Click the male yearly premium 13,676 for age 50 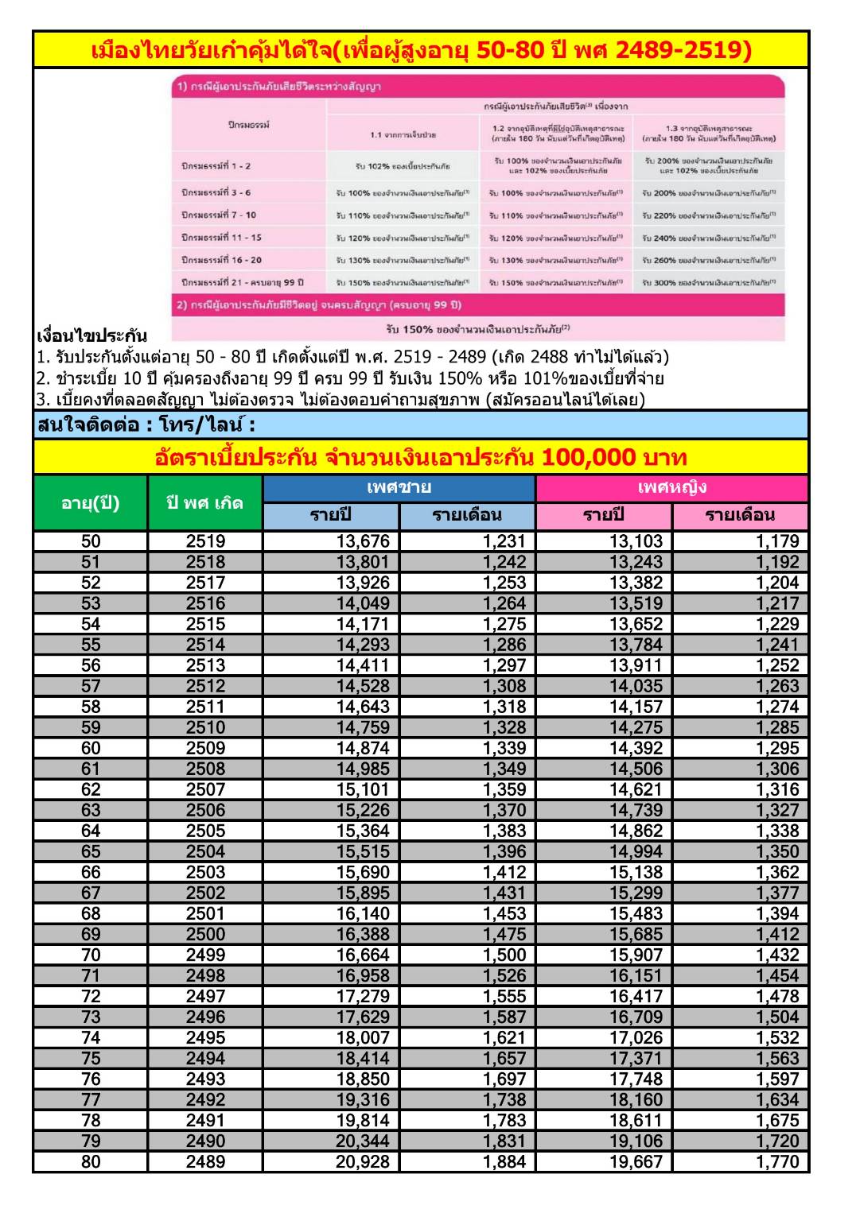363,542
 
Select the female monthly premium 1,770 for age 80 777,1162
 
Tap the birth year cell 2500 205,935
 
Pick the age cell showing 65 91,852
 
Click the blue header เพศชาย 399,487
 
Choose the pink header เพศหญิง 672,487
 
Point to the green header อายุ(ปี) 91,502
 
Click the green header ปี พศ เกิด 205,502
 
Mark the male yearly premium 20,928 363,1162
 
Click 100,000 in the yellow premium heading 588,458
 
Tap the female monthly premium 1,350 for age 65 777,852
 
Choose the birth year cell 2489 205,1162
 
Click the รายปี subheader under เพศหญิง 604,515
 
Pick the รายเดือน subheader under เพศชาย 467,515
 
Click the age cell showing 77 91,1100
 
